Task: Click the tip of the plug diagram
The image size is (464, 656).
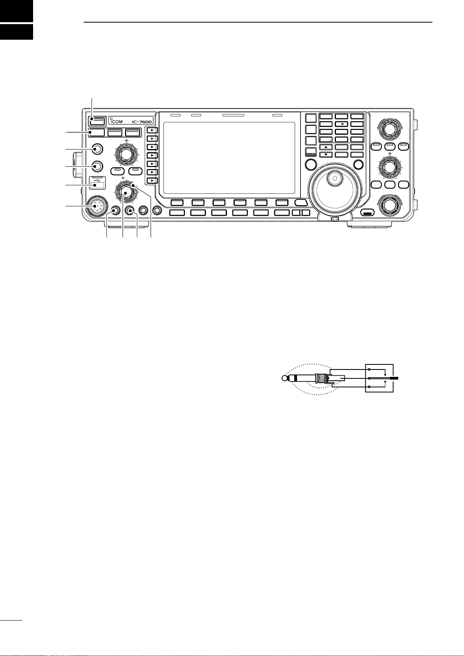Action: [284, 378]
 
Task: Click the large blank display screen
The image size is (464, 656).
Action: [229, 158]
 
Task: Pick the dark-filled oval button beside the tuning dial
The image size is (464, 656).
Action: [366, 213]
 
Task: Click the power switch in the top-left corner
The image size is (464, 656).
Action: [98, 119]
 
